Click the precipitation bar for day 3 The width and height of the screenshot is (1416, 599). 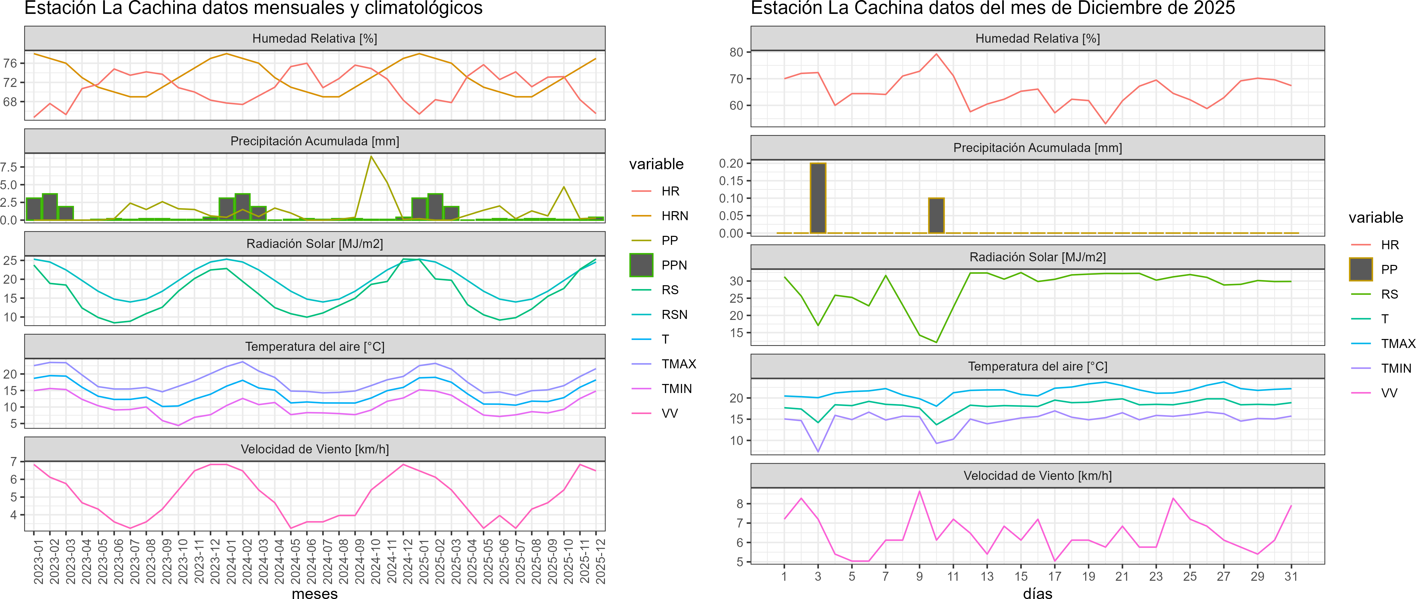point(818,198)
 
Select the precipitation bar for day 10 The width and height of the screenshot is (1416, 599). point(936,216)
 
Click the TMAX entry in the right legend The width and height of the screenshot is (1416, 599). point(1397,344)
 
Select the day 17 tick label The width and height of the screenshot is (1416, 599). point(1054,576)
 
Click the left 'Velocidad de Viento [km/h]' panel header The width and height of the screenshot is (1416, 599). point(314,449)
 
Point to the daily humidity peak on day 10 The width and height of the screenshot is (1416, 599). point(936,54)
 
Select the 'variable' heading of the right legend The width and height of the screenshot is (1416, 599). point(1375,218)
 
